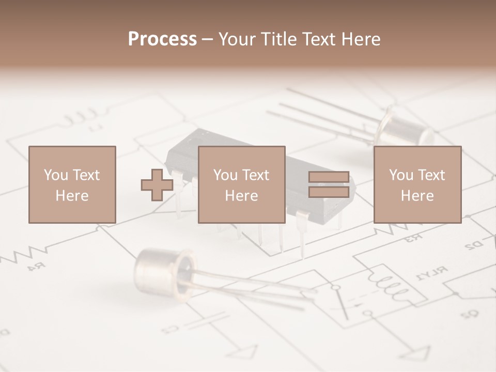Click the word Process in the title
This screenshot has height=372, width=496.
162,39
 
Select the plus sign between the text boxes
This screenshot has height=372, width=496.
157,185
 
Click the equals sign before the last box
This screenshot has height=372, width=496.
329,184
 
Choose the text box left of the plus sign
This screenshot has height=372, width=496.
72,184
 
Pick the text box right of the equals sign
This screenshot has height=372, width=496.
417,184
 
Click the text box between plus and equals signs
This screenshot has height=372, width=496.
241,184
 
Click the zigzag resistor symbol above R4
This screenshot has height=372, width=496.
23,253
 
